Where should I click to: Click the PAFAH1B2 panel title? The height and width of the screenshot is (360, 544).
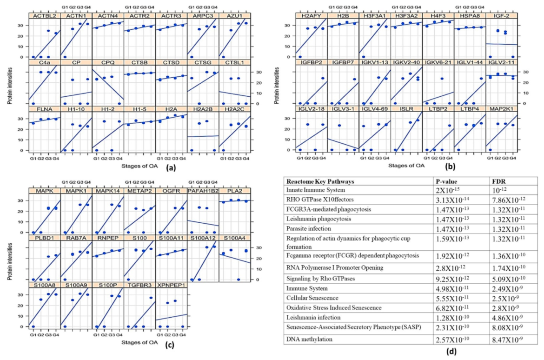203,191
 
